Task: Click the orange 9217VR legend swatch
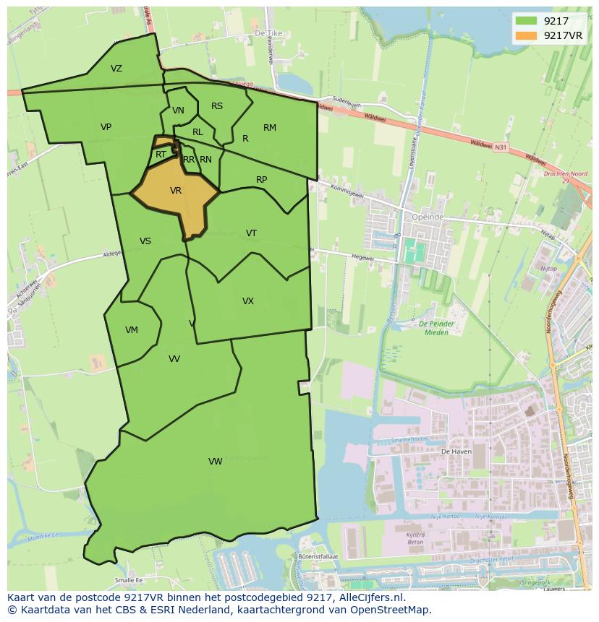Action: point(527,35)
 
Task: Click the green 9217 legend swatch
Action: point(527,21)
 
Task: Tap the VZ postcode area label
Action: point(116,69)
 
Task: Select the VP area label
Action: point(106,127)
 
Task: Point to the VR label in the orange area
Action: point(176,191)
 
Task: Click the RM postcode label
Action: point(270,128)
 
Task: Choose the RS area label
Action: point(217,106)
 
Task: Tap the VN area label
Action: point(178,111)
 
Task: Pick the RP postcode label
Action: point(262,180)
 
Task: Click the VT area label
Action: point(251,233)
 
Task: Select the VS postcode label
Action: point(145,241)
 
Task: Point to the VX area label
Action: point(248,301)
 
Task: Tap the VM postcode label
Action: point(131,330)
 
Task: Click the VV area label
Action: point(174,359)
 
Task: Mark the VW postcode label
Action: point(215,462)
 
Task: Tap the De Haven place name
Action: point(456,451)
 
